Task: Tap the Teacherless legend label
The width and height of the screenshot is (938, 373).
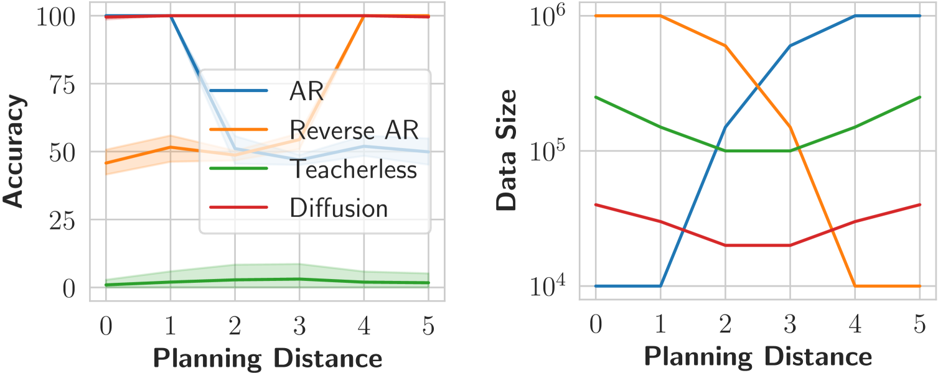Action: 353,168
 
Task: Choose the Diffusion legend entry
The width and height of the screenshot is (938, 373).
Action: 339,208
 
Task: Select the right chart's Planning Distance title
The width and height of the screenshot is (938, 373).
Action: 757,358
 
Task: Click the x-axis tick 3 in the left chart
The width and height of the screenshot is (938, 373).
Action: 299,326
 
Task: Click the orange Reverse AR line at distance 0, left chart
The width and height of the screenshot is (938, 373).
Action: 106,163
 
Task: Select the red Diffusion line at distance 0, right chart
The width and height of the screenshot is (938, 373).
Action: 596,205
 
